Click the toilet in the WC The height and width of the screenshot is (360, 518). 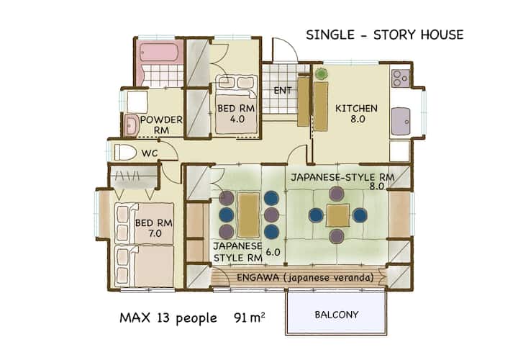click(x=125, y=153)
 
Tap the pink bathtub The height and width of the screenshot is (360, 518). click(x=159, y=52)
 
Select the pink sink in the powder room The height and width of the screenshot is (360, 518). click(x=132, y=125)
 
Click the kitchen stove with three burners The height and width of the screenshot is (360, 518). click(x=401, y=78)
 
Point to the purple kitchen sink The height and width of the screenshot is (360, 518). click(x=401, y=122)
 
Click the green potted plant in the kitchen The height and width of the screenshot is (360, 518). click(x=321, y=73)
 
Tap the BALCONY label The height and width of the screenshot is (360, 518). click(x=336, y=315)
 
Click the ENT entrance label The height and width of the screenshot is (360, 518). click(x=283, y=90)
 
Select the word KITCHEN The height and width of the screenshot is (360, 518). click(x=356, y=108)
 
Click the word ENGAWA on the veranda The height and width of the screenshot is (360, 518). click(x=258, y=277)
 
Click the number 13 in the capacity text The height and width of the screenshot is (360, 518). click(x=163, y=318)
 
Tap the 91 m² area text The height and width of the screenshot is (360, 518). click(x=249, y=318)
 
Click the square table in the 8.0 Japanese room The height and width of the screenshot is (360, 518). click(x=337, y=215)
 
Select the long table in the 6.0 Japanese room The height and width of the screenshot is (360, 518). click(x=249, y=215)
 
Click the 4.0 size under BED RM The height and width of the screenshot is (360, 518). click(x=237, y=119)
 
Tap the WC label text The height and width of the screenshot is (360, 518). click(x=150, y=153)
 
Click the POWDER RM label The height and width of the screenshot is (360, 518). click(x=161, y=125)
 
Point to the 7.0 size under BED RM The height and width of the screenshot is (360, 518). click(x=155, y=233)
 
